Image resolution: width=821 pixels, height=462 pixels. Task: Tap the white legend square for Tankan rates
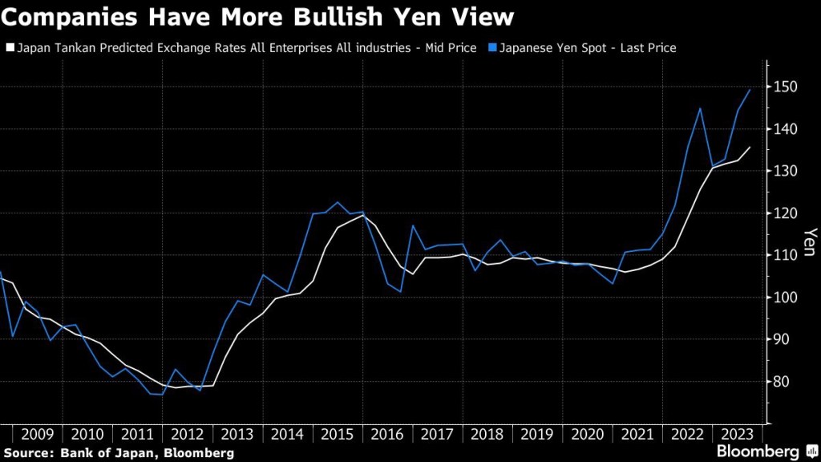[x=9, y=48]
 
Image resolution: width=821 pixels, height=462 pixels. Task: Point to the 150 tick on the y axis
[x=786, y=87]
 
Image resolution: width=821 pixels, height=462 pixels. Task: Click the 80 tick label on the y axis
[x=782, y=382]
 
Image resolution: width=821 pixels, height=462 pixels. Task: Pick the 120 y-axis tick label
[x=786, y=213]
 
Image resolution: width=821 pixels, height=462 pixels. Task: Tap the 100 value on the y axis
[x=786, y=298]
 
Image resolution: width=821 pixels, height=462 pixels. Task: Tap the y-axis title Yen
[x=807, y=241]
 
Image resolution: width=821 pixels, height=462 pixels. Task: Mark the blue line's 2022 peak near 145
[x=700, y=108]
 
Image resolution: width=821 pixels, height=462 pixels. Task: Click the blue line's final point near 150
[x=750, y=90]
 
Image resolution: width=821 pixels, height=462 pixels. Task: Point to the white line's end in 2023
[x=750, y=147]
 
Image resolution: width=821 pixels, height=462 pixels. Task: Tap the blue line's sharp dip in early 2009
[x=13, y=336]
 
